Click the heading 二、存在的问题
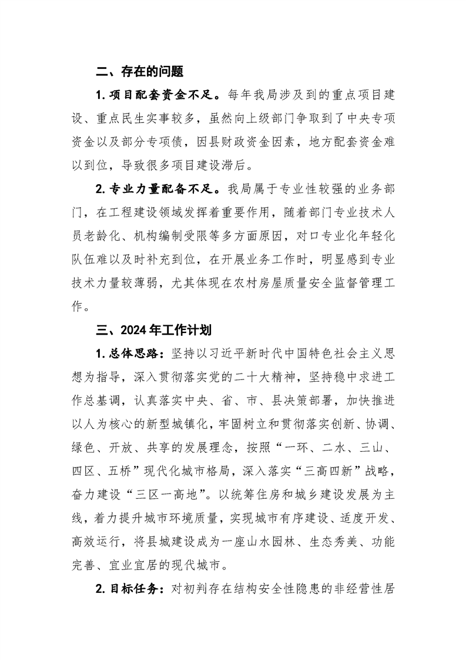[139, 72]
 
